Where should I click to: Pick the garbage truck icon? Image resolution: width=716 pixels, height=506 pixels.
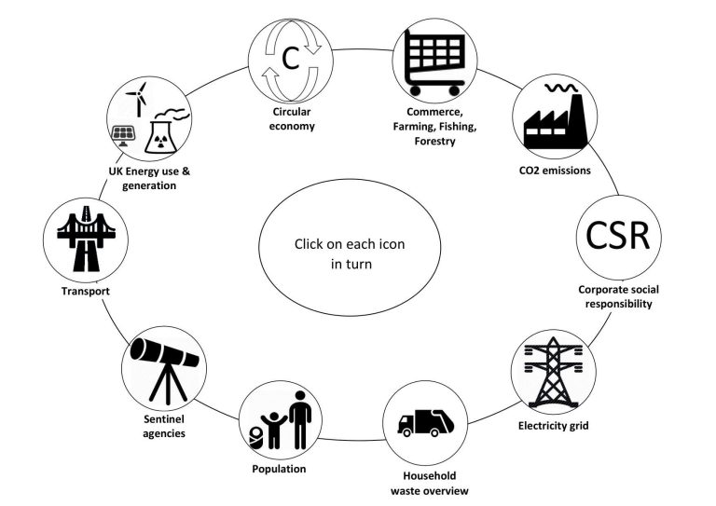[x=425, y=422]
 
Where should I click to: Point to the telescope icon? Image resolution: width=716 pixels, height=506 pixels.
[x=159, y=362]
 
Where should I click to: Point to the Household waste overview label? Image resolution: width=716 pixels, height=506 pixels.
[x=428, y=482]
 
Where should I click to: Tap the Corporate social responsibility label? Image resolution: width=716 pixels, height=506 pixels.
[x=614, y=295]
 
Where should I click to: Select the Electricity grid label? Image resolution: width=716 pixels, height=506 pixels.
[x=553, y=427]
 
